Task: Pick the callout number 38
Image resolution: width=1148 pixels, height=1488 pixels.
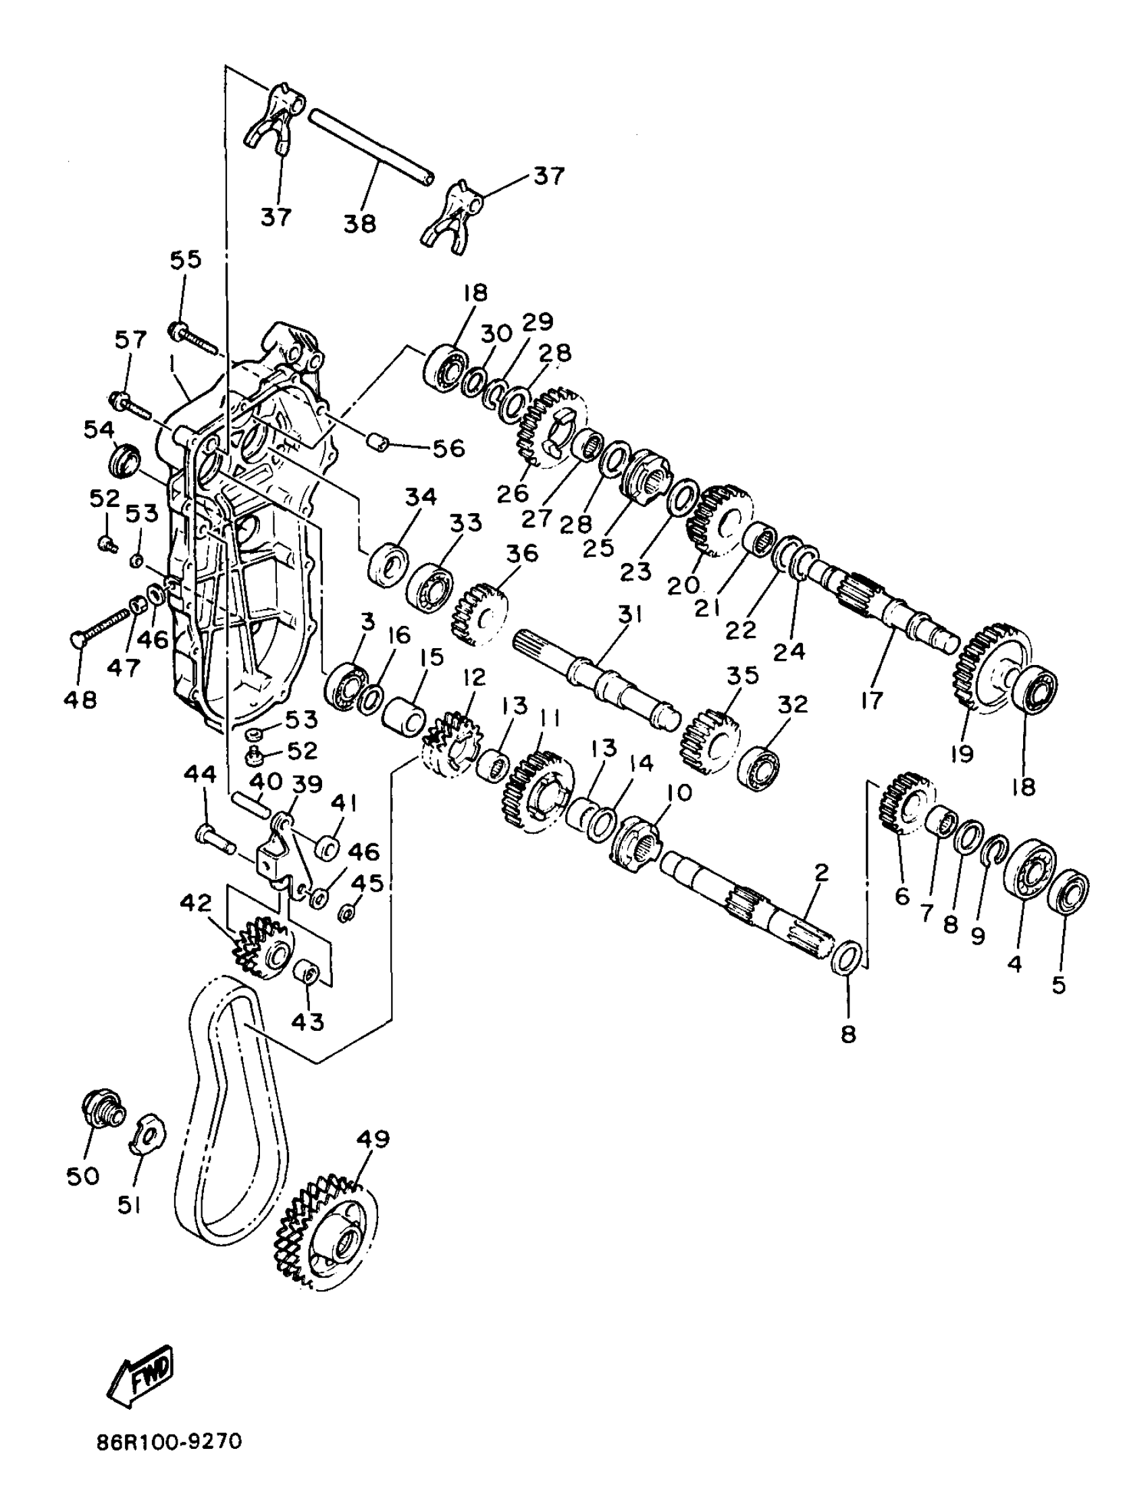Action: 359,222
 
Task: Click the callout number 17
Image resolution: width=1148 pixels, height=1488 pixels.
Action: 872,699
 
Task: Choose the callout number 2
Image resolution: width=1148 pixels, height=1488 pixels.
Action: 821,872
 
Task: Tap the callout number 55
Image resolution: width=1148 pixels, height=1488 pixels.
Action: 185,259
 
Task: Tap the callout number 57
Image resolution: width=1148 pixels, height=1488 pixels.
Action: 130,340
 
